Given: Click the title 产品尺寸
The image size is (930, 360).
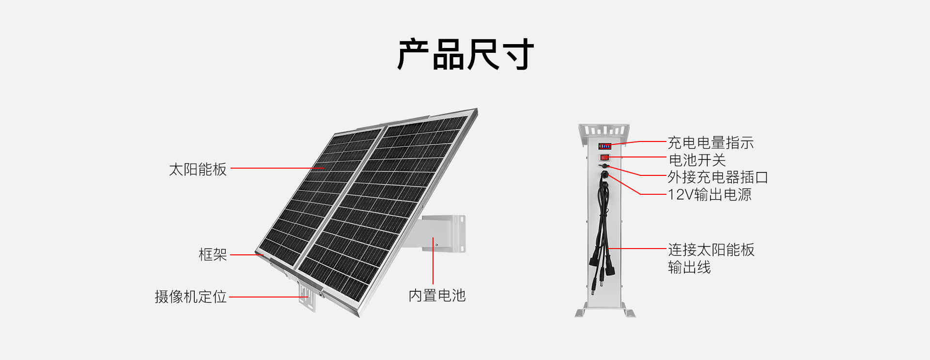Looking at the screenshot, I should [x=465, y=54].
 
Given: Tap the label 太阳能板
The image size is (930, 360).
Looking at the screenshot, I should [x=198, y=169].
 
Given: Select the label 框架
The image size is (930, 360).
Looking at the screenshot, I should [x=213, y=254].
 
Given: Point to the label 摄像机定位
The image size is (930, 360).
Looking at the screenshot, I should [x=190, y=297].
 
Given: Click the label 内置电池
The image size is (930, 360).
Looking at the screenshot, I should [x=437, y=295].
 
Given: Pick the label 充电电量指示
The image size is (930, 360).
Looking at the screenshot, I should [x=711, y=142].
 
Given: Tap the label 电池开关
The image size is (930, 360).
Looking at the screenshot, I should [x=697, y=160].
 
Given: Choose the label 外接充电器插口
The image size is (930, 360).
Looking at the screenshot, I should [x=718, y=177].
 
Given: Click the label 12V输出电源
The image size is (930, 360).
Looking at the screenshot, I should [x=710, y=194].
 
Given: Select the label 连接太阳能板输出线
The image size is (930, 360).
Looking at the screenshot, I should [x=711, y=258].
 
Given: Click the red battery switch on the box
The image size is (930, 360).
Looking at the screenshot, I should [x=604, y=157].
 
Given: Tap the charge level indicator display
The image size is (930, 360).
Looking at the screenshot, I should [x=604, y=146].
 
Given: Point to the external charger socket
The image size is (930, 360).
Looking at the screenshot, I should [x=604, y=166].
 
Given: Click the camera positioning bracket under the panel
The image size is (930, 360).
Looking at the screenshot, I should [x=307, y=297].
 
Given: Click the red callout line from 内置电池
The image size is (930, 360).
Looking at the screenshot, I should [x=433, y=262].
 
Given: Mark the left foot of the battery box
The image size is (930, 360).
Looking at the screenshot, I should [x=581, y=313].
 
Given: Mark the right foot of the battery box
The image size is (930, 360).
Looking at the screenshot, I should [x=628, y=313].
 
